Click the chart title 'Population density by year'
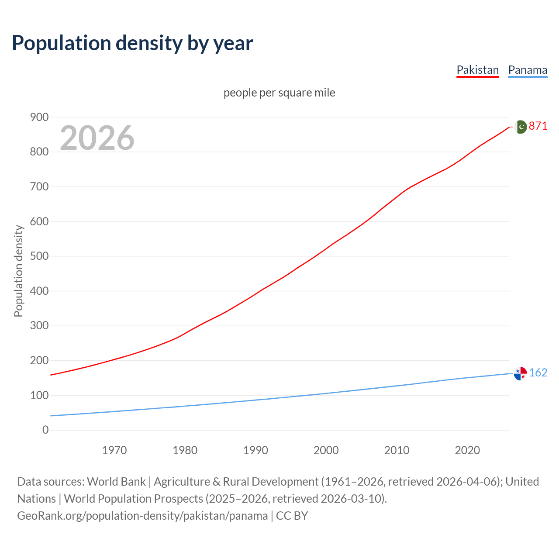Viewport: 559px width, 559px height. [x=132, y=43]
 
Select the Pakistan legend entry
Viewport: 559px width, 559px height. [x=477, y=70]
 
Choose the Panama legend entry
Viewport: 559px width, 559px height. [x=528, y=70]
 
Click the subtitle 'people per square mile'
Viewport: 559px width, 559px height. [x=279, y=93]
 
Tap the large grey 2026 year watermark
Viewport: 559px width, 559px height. [x=97, y=138]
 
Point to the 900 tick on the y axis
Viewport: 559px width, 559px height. [x=39, y=117]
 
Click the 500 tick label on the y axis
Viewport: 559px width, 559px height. [x=39, y=256]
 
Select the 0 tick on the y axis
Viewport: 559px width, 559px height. [x=45, y=430]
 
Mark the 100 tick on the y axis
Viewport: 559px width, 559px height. [x=39, y=395]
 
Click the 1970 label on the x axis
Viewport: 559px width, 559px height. [x=114, y=450]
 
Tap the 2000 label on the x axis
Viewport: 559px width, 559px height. [x=326, y=450]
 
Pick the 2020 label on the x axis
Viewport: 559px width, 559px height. [x=467, y=450]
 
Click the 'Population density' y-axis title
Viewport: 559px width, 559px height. [x=18, y=271]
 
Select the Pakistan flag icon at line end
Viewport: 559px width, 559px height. [x=521, y=127]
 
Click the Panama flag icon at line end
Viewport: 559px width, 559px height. [x=520, y=373]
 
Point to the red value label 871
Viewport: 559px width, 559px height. [x=538, y=126]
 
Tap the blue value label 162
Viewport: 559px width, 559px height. [x=538, y=373]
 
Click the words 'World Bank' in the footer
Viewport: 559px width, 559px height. [x=116, y=481]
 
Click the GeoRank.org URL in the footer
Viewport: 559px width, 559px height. [x=142, y=515]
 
